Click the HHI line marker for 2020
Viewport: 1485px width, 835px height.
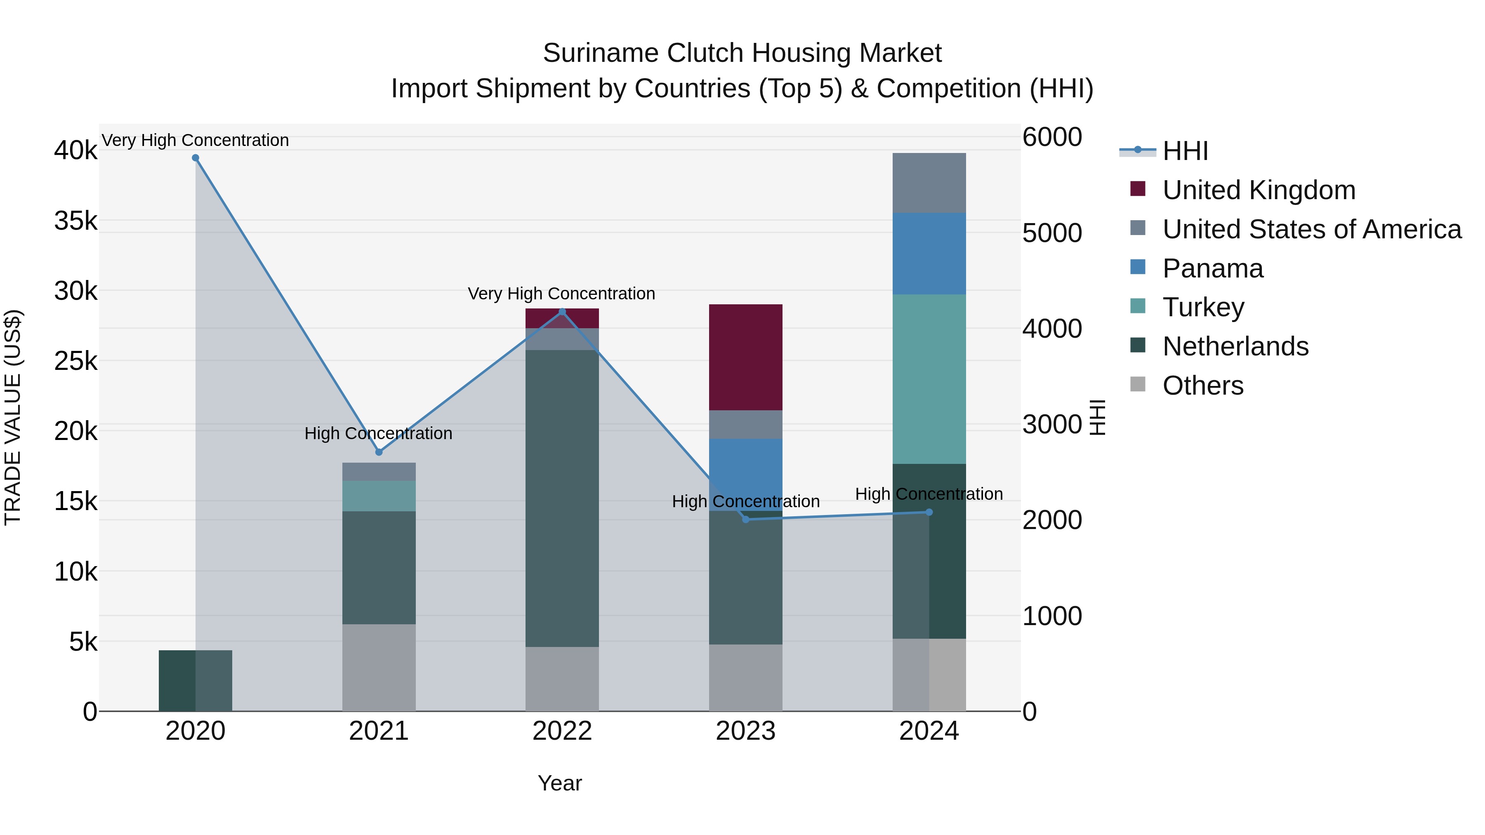click(x=196, y=158)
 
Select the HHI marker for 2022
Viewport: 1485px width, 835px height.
click(x=563, y=312)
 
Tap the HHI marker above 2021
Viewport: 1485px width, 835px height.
click(x=379, y=452)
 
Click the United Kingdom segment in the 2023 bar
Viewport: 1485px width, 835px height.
click(x=745, y=357)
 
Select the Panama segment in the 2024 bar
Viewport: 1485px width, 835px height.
click(x=929, y=254)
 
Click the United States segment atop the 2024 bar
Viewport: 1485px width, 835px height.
click(x=929, y=183)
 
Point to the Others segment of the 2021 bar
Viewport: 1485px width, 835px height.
click(x=379, y=667)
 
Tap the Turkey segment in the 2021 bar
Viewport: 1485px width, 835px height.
click(x=379, y=496)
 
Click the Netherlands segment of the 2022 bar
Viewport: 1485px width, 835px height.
click(x=562, y=499)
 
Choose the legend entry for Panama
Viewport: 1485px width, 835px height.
click(x=1212, y=268)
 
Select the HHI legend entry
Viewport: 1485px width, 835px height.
click(x=1185, y=151)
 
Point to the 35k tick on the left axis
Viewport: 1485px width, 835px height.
click(x=75, y=221)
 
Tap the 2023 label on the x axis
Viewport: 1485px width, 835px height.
click(x=745, y=731)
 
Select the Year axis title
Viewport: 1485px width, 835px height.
click(x=559, y=783)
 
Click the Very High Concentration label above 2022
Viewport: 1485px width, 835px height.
click(x=561, y=294)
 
